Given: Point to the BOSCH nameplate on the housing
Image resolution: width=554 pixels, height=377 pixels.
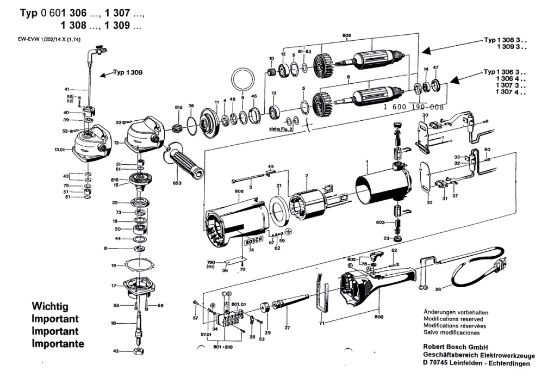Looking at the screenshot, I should [x=254, y=240].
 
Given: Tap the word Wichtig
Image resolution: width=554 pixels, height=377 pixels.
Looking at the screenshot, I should [x=50, y=307].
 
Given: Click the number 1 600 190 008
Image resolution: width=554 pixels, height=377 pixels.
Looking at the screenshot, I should [x=414, y=108].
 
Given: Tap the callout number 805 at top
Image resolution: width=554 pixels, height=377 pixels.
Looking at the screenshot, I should [x=347, y=36].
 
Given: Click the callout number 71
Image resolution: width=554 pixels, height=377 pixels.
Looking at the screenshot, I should [x=321, y=323].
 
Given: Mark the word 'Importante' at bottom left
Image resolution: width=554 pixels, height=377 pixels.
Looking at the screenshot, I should [x=58, y=344].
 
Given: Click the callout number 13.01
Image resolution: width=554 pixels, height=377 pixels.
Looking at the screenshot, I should [x=60, y=149].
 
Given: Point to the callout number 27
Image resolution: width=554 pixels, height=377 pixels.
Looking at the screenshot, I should [x=288, y=328].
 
